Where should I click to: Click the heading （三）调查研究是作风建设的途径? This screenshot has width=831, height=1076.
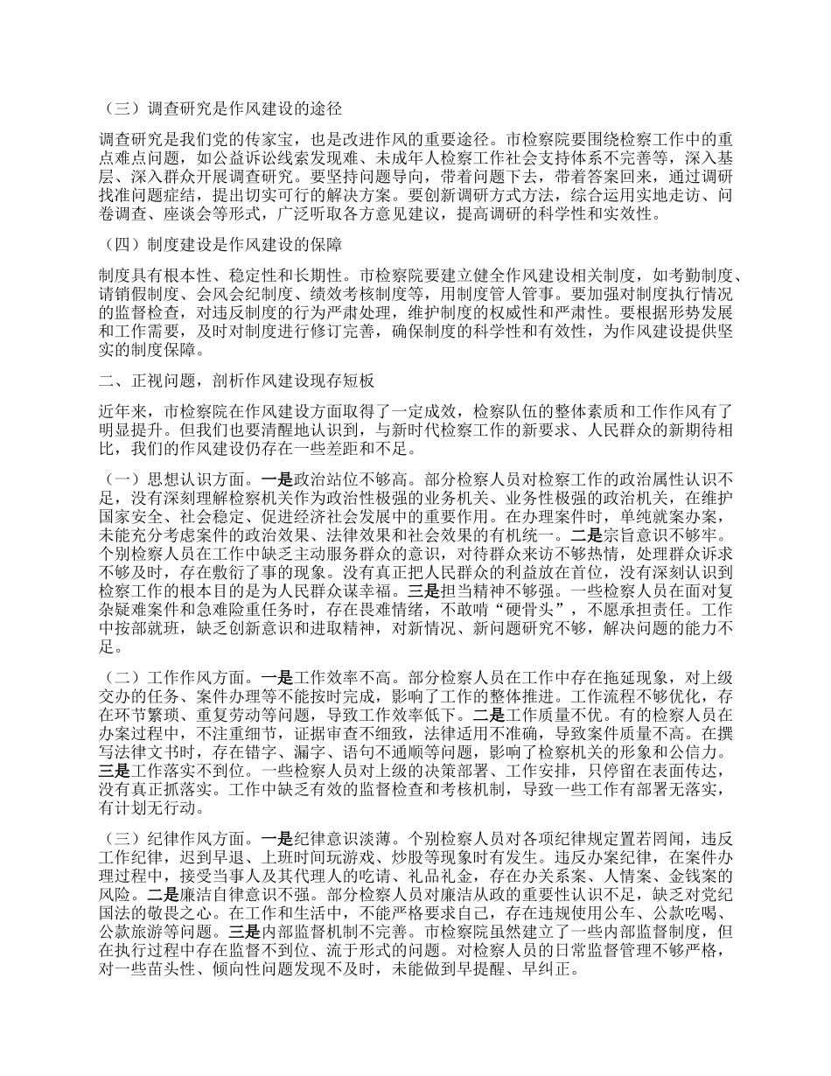pyautogui.click(x=222, y=110)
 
